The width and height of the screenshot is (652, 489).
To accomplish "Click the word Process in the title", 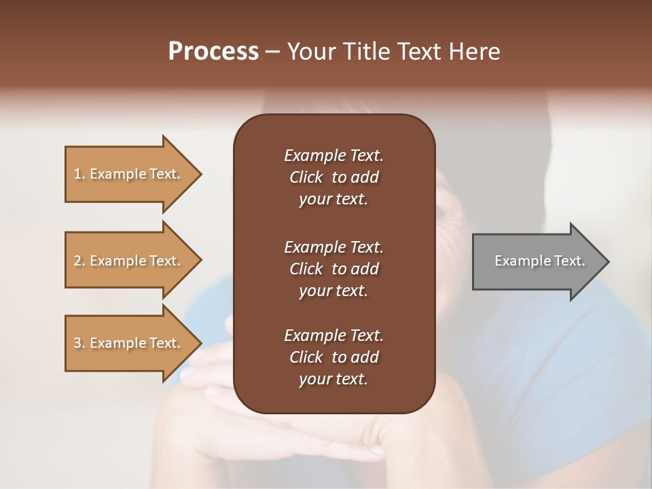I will [x=213, y=52].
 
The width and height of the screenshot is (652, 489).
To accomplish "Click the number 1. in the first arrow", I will [x=79, y=174].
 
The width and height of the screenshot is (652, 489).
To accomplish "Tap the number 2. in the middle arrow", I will [x=79, y=261].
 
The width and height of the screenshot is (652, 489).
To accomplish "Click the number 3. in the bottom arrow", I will [x=79, y=343].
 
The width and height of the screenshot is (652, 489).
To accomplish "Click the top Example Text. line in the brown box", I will [x=333, y=156].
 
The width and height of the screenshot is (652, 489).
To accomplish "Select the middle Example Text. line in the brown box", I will [x=333, y=247].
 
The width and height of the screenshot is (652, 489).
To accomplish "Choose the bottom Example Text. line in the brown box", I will [x=333, y=336].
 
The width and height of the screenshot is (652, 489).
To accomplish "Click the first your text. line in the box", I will [x=333, y=200].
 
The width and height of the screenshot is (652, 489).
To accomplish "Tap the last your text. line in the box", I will [x=333, y=380].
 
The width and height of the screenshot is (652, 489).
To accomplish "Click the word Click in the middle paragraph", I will [x=306, y=269].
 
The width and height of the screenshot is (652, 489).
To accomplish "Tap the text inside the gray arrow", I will [x=540, y=261].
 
